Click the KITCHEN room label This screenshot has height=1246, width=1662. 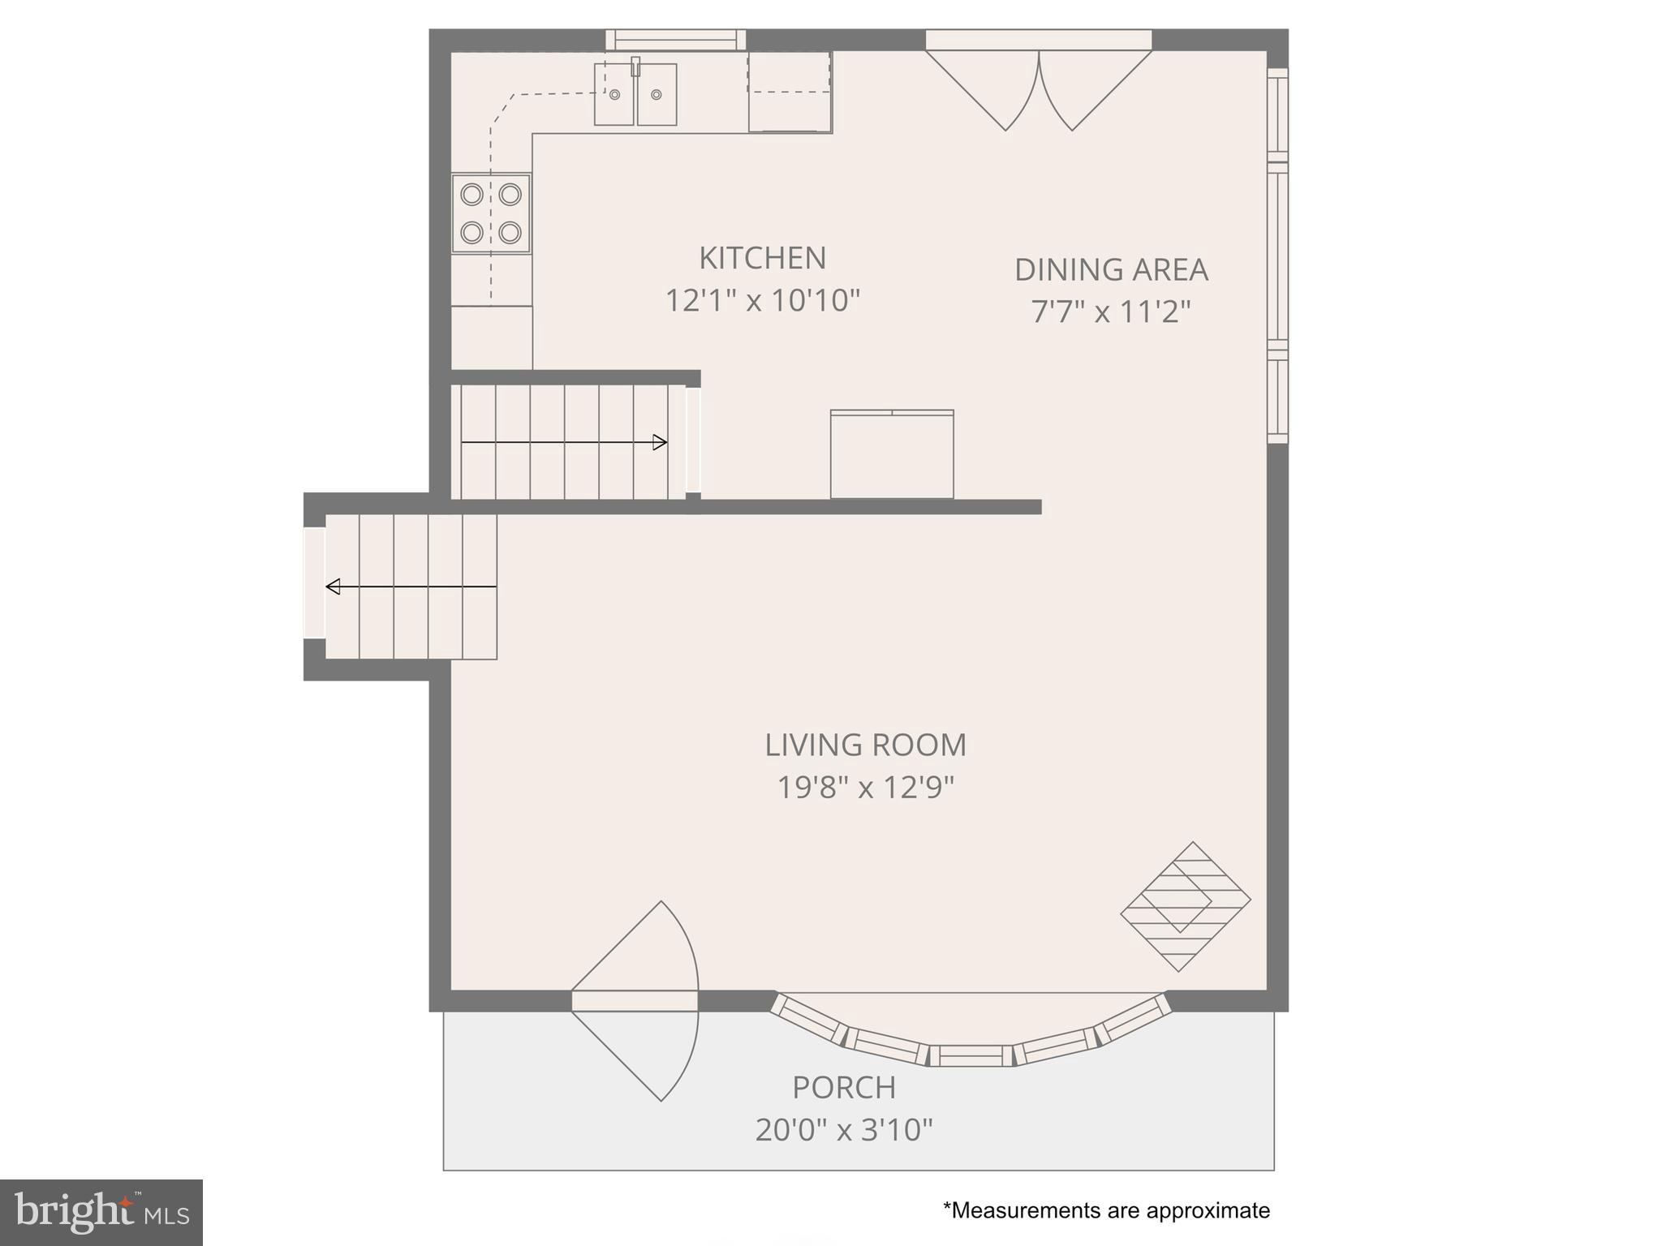click(762, 258)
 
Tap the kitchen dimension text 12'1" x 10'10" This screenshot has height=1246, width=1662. click(762, 301)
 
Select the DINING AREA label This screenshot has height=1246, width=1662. click(1111, 269)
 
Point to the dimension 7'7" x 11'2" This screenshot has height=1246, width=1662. click(1111, 311)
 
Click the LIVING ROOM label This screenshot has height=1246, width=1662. click(865, 745)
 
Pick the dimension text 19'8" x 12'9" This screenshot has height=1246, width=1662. click(865, 787)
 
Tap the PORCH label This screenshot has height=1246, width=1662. click(844, 1088)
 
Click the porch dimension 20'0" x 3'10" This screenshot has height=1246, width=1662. click(844, 1130)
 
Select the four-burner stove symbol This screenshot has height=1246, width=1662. click(491, 214)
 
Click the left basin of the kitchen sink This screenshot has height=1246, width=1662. click(614, 95)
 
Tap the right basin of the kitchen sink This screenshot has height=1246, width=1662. click(657, 95)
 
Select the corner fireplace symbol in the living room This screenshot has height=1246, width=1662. click(1186, 907)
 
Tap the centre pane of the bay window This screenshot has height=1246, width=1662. click(971, 1055)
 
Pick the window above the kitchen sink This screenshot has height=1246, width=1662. click(675, 40)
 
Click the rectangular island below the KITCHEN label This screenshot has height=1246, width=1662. click(892, 455)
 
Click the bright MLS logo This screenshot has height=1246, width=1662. click(101, 1212)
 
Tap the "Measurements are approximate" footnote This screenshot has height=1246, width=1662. click(1106, 1210)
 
